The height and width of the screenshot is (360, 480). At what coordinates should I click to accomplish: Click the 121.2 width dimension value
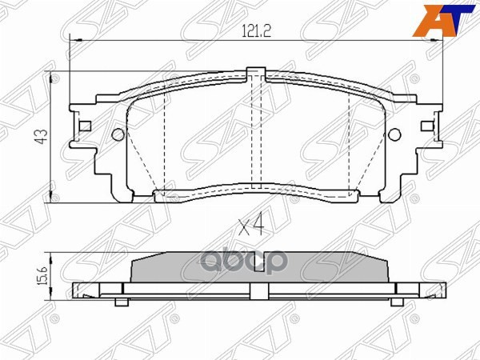256,31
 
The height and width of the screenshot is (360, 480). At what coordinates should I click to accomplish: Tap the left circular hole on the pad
118,134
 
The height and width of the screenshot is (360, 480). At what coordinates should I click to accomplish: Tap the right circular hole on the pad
394,134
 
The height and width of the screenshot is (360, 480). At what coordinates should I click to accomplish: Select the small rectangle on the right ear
426,126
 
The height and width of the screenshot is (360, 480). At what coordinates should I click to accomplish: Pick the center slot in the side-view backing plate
256,289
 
